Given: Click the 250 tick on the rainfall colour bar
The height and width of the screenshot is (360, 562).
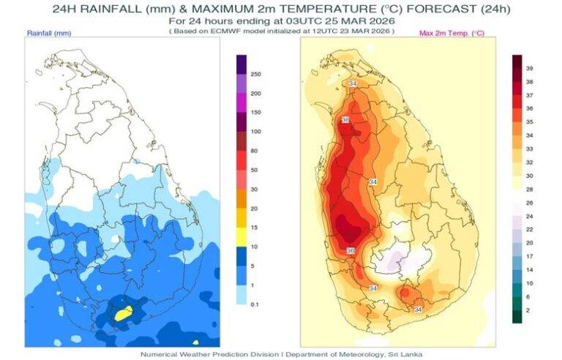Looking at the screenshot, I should (x=256, y=75).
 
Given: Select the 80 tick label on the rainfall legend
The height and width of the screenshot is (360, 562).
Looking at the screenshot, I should (x=255, y=151).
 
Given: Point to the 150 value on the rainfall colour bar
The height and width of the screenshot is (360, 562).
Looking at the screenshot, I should (x=256, y=113).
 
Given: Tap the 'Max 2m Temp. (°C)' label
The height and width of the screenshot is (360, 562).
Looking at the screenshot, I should (x=452, y=34).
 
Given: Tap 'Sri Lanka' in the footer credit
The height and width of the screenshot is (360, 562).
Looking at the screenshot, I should (x=406, y=353).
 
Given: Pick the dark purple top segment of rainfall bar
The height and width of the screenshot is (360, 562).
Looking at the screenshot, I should (x=241, y=63).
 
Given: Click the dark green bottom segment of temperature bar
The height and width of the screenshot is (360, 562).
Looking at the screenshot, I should (x=517, y=316).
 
